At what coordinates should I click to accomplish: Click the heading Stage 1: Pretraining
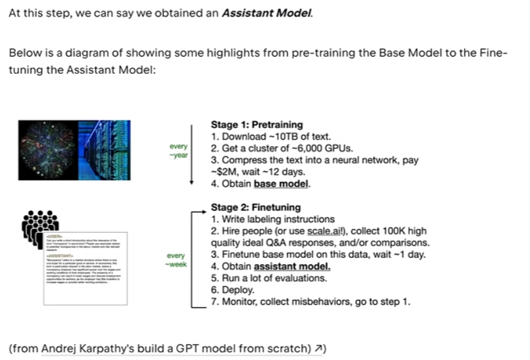(x=256, y=125)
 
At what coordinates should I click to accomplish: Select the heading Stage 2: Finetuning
(x=256, y=207)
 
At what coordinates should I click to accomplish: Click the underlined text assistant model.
(x=292, y=266)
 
